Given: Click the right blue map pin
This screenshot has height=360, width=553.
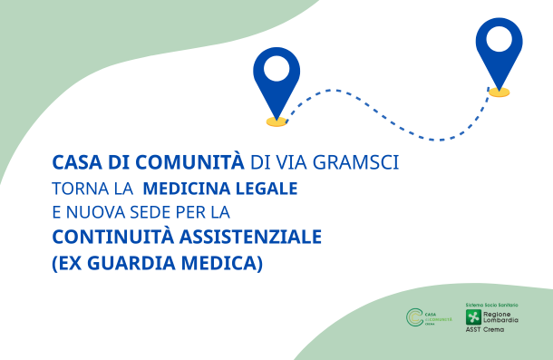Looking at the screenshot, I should coord(499,51).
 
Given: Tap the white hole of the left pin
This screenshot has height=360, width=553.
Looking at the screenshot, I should coord(276,68).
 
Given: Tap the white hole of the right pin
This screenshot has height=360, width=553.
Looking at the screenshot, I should coord(499,40).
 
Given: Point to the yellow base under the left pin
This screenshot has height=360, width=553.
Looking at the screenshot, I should coord(276,121).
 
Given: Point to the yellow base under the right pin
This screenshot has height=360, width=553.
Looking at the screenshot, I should coord(499,92).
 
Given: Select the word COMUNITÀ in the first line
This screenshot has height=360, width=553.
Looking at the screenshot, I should coord(199,163).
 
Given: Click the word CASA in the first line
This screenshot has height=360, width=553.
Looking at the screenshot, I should coord(74,163).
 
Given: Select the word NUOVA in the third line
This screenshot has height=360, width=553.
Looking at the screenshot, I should coord(97,214).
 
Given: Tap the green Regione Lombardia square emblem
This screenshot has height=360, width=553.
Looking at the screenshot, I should coord(472,317).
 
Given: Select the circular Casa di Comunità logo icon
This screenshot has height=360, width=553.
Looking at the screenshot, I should coord(414,317).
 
